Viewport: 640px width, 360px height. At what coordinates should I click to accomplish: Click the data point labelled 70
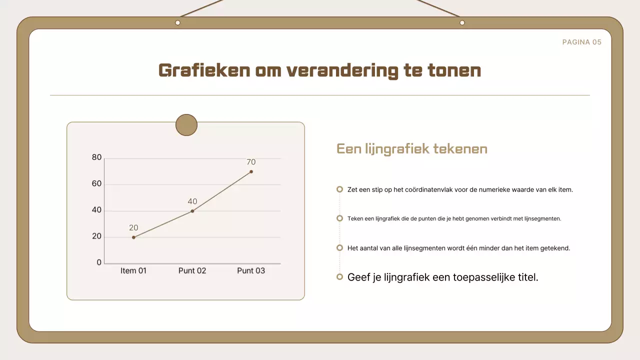pyautogui.click(x=251, y=171)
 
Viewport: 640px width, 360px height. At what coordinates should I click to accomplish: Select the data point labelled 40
pyautogui.click(x=192, y=211)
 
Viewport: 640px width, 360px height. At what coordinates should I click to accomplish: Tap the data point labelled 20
pyautogui.click(x=133, y=237)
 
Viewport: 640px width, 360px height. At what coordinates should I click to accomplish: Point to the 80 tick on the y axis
pyautogui.click(x=96, y=157)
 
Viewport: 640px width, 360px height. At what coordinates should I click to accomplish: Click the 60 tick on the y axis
pyautogui.click(x=96, y=183)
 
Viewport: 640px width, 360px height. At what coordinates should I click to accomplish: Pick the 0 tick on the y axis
pyautogui.click(x=99, y=262)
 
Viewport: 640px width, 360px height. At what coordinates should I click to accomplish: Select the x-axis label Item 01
pyautogui.click(x=133, y=270)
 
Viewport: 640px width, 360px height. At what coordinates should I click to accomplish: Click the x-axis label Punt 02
pyautogui.click(x=192, y=270)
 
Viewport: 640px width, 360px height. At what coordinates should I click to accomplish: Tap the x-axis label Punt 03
pyautogui.click(x=251, y=270)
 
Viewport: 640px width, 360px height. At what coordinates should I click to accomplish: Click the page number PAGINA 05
pyautogui.click(x=581, y=42)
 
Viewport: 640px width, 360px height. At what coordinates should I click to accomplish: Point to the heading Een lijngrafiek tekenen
pyautogui.click(x=411, y=149)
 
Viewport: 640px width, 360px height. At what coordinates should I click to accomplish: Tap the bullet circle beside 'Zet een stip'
pyautogui.click(x=339, y=189)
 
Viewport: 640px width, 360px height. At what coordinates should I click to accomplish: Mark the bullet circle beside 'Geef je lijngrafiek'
pyautogui.click(x=339, y=276)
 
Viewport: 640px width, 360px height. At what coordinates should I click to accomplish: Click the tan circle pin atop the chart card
pyautogui.click(x=186, y=125)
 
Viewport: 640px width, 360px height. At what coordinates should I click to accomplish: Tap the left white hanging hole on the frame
pyautogui.click(x=177, y=22)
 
